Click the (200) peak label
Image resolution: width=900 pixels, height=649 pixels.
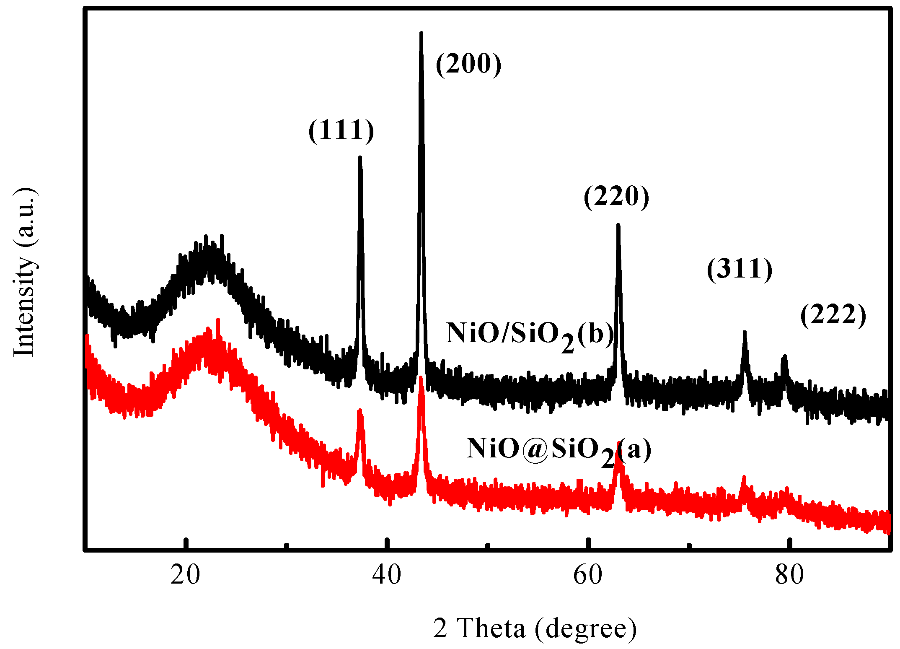[x=468, y=64]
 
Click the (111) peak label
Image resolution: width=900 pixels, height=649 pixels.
[x=341, y=130]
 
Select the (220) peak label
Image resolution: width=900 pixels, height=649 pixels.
[x=616, y=197]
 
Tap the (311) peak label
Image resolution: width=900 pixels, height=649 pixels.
[x=740, y=269]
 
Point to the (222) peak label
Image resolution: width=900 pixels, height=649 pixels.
[x=833, y=315]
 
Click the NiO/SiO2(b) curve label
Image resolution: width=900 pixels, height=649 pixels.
[x=530, y=335]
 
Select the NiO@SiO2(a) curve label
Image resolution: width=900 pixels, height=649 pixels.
[x=559, y=450]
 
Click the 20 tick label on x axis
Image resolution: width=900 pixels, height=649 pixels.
[x=185, y=575]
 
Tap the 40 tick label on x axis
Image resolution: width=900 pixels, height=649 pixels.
[x=386, y=575]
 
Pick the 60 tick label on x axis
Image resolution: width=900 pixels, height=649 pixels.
[x=588, y=575]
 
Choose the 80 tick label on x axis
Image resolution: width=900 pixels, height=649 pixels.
[x=789, y=575]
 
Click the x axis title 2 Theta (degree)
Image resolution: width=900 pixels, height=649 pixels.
[x=535, y=628]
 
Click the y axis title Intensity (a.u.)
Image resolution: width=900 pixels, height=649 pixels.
[x=24, y=273]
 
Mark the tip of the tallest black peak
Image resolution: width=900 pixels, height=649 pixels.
[x=421, y=33]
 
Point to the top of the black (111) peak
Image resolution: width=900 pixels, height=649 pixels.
[x=359, y=158]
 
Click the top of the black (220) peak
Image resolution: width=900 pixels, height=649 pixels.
[x=618, y=226]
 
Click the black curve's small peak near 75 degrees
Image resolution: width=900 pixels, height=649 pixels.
[x=745, y=332]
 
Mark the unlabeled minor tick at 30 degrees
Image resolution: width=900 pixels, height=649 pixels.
[x=287, y=546]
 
